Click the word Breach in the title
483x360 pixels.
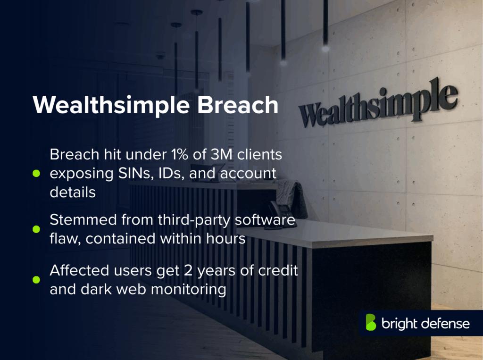click(x=237, y=105)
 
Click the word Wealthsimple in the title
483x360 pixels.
click(x=111, y=105)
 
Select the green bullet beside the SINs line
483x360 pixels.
click(x=36, y=174)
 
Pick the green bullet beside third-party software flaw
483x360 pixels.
click(x=36, y=229)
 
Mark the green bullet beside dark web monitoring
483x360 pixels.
click(x=36, y=280)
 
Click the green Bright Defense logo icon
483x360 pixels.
click(x=371, y=323)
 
